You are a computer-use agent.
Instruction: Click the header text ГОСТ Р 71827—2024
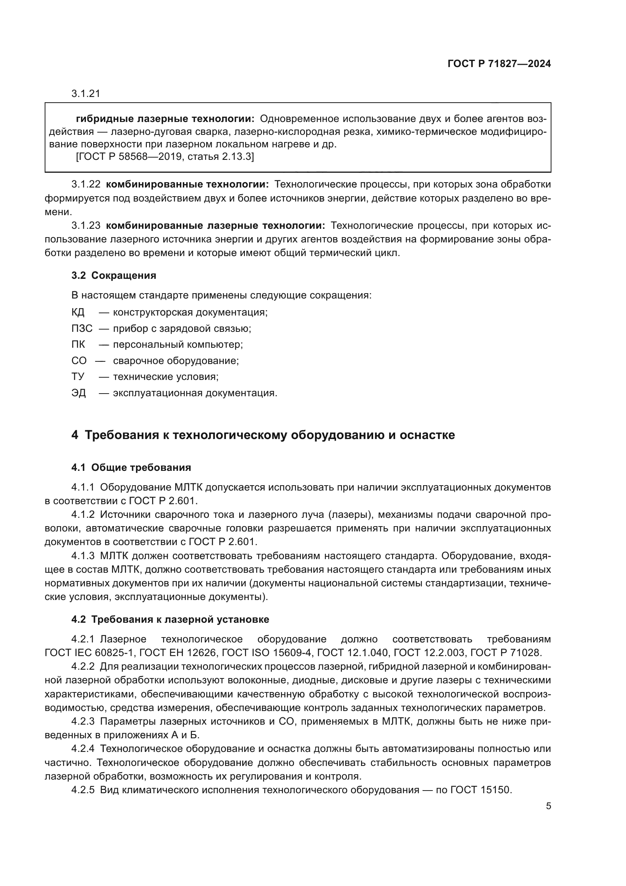click(499, 64)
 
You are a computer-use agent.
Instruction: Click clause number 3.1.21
click(86, 94)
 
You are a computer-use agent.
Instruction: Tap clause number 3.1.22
click(86, 184)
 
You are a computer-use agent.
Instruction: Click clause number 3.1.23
click(86, 225)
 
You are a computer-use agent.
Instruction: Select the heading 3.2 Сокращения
click(114, 275)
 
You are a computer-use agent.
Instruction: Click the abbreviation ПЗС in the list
click(82, 328)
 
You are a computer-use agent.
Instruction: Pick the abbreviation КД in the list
click(78, 312)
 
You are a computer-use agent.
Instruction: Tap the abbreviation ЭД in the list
click(79, 393)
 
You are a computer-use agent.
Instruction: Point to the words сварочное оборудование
click(176, 361)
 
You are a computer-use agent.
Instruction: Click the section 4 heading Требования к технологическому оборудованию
click(263, 435)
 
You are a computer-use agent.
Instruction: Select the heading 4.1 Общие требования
click(131, 468)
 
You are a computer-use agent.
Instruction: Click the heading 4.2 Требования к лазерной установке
click(170, 619)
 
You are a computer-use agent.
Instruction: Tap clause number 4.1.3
click(83, 556)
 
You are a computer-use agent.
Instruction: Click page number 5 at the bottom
click(548, 806)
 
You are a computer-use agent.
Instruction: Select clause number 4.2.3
click(83, 722)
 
